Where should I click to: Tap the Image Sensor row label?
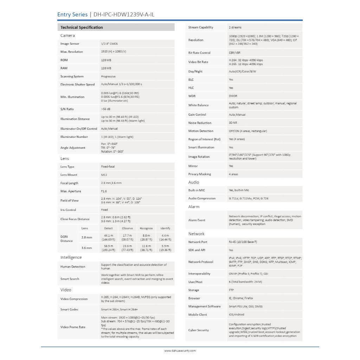(x=70, y=44)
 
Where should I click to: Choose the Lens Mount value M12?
(x=104, y=175)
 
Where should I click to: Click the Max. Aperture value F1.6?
(x=104, y=191)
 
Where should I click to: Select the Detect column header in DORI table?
(x=109, y=229)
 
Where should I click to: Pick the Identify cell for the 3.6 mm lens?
(x=165, y=248)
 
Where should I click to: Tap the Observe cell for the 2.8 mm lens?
(x=127, y=237)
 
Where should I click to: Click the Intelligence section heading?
(x=71, y=257)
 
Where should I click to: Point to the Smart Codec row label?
(x=69, y=309)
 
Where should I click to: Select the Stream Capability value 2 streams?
(x=235, y=27)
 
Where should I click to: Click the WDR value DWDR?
(x=233, y=96)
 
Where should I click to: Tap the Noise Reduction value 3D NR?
(x=233, y=123)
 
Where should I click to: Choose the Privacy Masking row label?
(x=200, y=174)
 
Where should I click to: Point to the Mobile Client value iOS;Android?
(x=236, y=315)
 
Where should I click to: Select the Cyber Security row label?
(x=198, y=330)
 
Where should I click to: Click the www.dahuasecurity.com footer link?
(x=180, y=351)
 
